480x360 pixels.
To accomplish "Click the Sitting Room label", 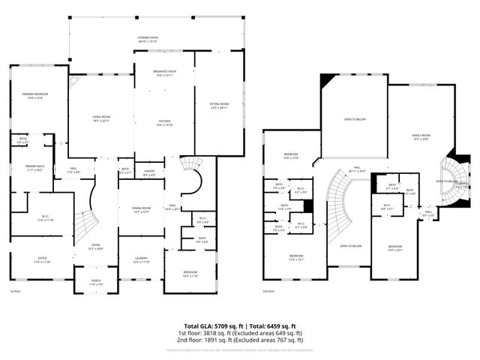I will [x=219, y=103].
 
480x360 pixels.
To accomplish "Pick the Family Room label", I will [x=421, y=135].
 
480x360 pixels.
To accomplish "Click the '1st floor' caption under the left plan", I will [x=15, y=291].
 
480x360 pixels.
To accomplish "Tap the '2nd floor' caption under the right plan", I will [x=268, y=291].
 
